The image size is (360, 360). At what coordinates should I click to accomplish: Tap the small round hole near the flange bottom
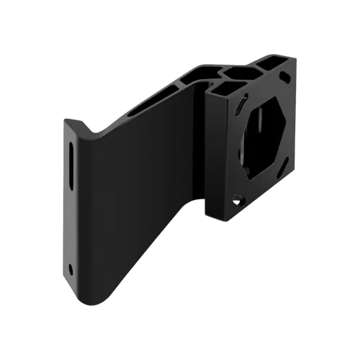pos(71,269)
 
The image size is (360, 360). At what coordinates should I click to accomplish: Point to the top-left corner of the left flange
pos(63,121)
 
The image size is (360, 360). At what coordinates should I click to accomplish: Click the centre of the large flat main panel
pos(144,187)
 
